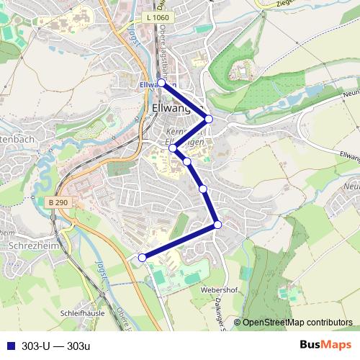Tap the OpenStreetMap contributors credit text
click(297, 323)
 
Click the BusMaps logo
click(326, 345)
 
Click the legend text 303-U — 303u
click(56, 346)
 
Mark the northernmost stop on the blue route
click(162, 83)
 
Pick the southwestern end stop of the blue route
click(142, 257)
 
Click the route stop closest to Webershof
click(217, 225)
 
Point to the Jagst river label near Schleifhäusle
click(99, 274)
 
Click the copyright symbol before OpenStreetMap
click(238, 323)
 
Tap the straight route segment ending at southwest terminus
click(180, 241)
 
